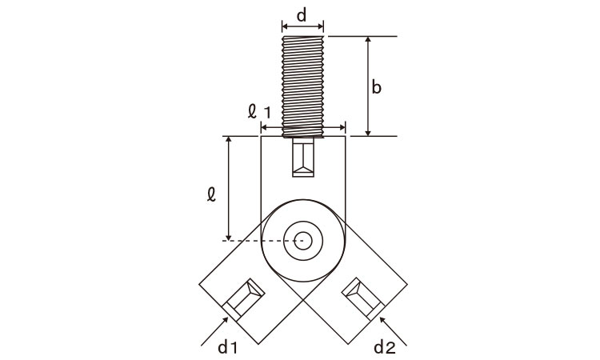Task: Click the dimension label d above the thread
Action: click(x=302, y=16)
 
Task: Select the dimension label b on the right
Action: click(x=376, y=88)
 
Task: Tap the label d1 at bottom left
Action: click(x=228, y=347)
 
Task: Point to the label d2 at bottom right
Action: click(x=385, y=347)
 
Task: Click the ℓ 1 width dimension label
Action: click(x=259, y=111)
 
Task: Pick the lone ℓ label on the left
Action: click(x=211, y=194)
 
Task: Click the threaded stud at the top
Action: click(x=302, y=86)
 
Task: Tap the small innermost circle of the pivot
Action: click(x=303, y=241)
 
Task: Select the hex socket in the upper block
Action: click(x=303, y=158)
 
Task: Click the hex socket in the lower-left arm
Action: click(x=244, y=298)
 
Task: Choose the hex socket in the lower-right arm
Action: click(x=362, y=298)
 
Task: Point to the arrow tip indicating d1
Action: click(x=227, y=318)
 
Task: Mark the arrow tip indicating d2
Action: click(x=380, y=318)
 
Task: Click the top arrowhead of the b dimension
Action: click(x=368, y=37)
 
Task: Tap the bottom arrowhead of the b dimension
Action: click(x=368, y=135)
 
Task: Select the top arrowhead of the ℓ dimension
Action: click(x=229, y=137)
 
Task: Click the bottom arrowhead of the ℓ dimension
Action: click(x=229, y=240)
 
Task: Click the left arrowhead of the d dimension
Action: click(x=282, y=26)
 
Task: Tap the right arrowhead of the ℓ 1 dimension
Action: click(x=345, y=127)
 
